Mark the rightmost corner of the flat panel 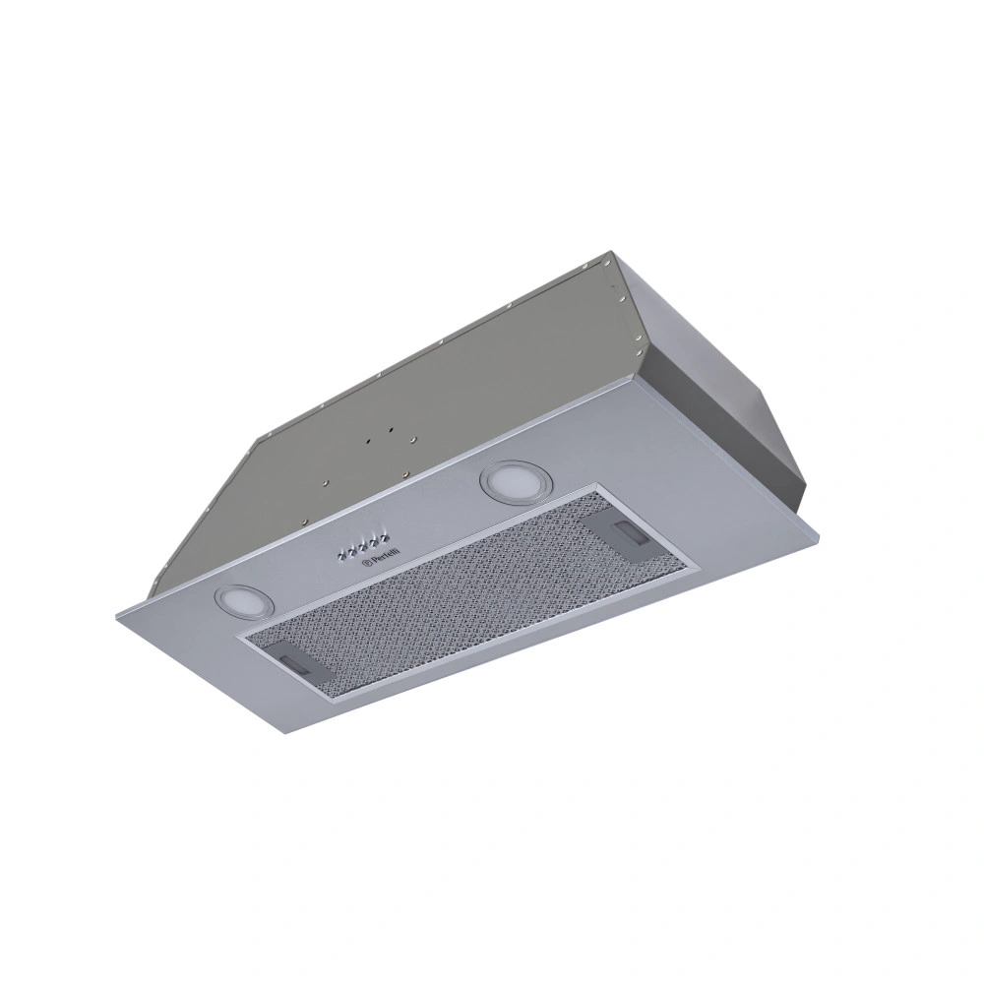(819, 537)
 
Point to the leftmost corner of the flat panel (111, 616)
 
